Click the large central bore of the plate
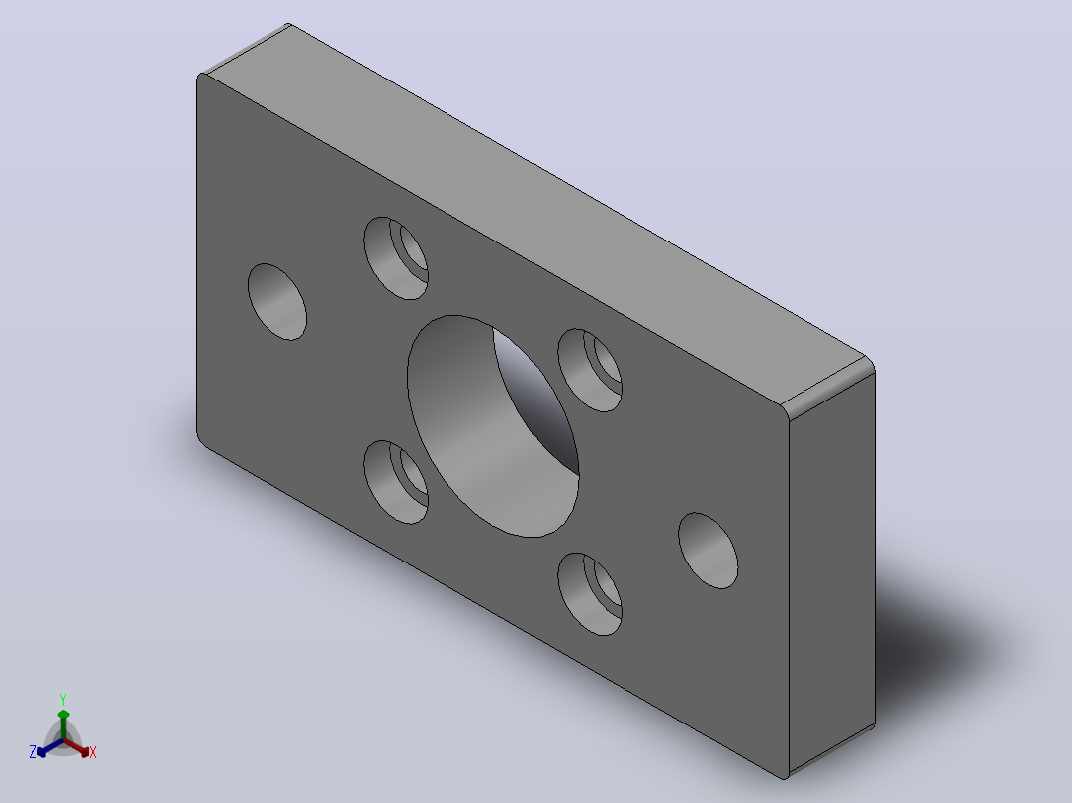492,426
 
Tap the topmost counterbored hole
396,258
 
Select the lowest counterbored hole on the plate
590,594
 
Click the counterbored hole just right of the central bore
590,371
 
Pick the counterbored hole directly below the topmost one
396,482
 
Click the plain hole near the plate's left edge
276,301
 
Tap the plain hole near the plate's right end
708,551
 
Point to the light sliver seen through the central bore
537,400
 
